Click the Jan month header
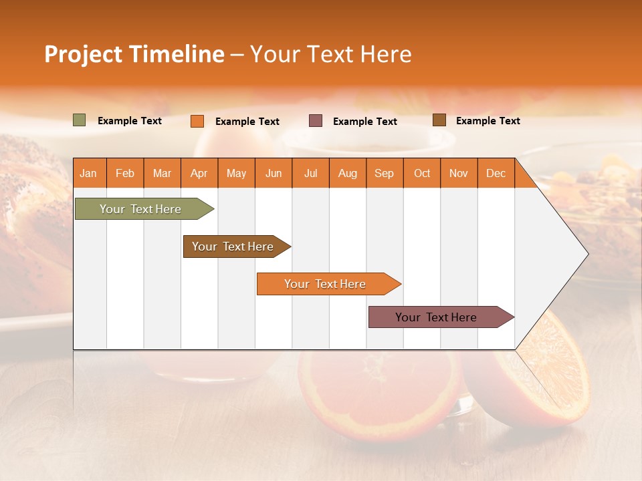[x=89, y=173]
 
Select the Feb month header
[x=125, y=173]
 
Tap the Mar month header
[x=162, y=173]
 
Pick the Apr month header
[x=199, y=173]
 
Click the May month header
[x=236, y=173]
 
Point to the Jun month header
[x=274, y=173]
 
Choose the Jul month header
[x=310, y=173]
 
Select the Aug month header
[x=348, y=173]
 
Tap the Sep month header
[x=385, y=173]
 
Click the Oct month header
[x=422, y=173]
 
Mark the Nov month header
[x=459, y=173]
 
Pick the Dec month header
[x=496, y=173]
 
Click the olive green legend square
[x=80, y=120]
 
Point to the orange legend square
[x=197, y=121]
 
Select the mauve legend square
[x=316, y=120]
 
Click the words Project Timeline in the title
[x=134, y=54]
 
